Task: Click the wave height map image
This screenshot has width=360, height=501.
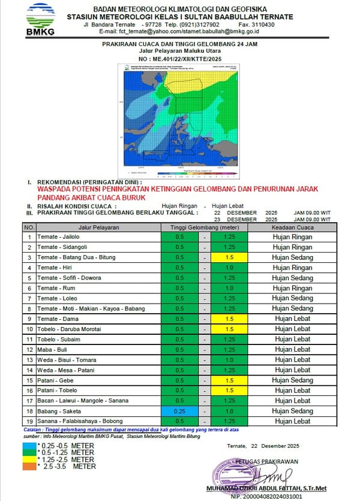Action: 180,122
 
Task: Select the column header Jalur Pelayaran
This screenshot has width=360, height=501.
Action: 98,227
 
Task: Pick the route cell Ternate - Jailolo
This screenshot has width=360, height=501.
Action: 98,237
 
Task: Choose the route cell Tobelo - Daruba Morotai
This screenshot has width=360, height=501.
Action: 98,329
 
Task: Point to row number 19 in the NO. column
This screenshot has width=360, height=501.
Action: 29,421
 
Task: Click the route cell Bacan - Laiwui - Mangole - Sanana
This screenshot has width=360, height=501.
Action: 98,400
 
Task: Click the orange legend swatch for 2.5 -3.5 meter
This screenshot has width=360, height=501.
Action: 29,466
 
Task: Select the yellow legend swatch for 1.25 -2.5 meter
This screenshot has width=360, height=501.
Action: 29,459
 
